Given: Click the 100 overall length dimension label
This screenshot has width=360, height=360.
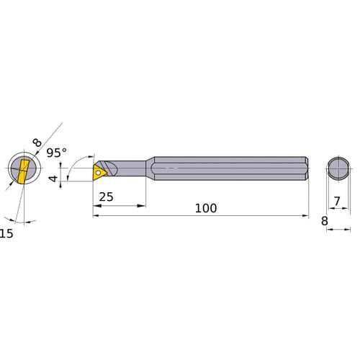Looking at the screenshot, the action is click(x=206, y=208).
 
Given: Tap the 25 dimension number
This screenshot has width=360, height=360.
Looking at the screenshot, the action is click(x=106, y=197).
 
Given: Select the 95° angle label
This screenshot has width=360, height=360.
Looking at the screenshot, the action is click(x=57, y=153).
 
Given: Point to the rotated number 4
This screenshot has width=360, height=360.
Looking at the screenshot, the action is click(x=53, y=179).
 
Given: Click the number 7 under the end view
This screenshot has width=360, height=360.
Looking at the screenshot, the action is click(x=337, y=201).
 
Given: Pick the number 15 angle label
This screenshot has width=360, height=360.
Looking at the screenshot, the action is click(x=6, y=233).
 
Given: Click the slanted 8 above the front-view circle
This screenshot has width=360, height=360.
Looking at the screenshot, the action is click(x=37, y=143).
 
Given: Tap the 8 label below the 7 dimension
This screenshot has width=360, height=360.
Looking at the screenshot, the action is click(x=325, y=221).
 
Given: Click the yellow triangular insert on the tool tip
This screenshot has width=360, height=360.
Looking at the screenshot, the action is click(x=99, y=172).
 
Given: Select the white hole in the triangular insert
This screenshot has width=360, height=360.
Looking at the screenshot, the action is click(x=98, y=172).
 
